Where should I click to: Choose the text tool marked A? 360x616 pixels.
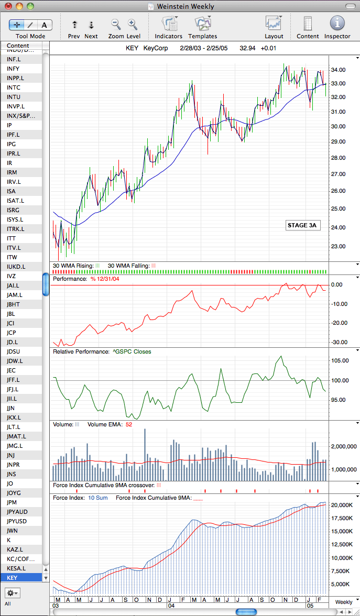pos(45,25)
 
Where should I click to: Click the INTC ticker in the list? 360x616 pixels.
pos(14,87)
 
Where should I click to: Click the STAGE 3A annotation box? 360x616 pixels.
pos(302,225)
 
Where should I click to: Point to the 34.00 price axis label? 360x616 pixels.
pos(338,70)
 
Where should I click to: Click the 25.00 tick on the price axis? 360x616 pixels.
pos(338,208)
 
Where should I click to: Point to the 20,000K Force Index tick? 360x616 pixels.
pos(341,505)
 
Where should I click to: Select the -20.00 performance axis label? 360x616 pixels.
pos(339,323)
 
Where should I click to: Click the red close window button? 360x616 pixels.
pos(8,6)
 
